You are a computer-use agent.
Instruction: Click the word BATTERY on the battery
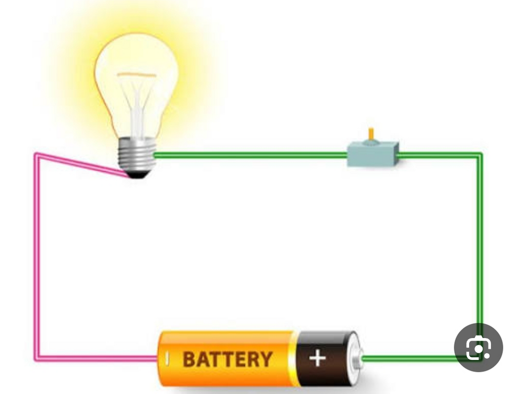[227, 359]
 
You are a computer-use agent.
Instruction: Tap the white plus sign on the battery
[317, 358]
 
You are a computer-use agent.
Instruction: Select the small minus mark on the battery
[168, 359]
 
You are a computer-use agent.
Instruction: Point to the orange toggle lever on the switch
[371, 134]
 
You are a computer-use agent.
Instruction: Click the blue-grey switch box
[373, 154]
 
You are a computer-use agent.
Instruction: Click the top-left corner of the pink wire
[36, 155]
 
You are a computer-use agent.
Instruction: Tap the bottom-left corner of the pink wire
[36, 359]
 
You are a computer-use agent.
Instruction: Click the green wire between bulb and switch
[250, 155]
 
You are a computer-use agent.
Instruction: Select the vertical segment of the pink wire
[36, 257]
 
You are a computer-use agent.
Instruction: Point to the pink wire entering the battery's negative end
[97, 359]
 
